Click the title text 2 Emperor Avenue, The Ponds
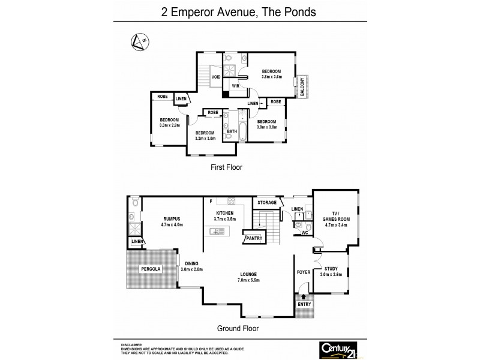click(x=240, y=11)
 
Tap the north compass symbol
click(x=139, y=41)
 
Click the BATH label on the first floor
click(x=232, y=131)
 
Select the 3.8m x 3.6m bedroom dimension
click(x=271, y=77)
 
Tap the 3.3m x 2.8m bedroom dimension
click(x=169, y=125)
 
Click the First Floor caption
click(x=227, y=167)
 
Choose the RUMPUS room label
click(x=172, y=219)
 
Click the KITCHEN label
click(x=227, y=214)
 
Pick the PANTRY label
click(x=252, y=239)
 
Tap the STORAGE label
click(x=267, y=203)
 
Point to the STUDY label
click(x=331, y=268)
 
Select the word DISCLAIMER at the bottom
click(x=132, y=345)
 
